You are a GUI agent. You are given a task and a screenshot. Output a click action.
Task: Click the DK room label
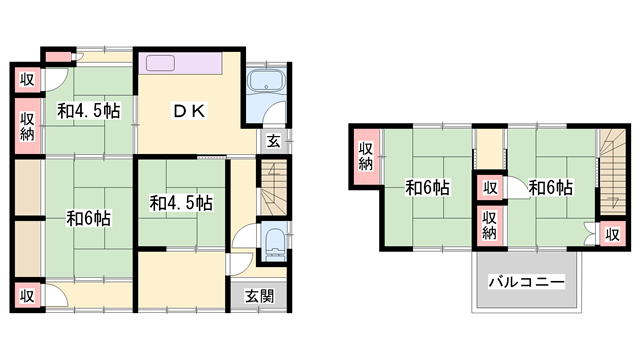click(189, 111)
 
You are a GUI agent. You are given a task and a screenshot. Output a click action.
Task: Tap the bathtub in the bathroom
click(267, 80)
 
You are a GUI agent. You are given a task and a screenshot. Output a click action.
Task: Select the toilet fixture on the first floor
click(274, 244)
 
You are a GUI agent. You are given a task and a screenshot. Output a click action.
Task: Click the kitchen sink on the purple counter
click(160, 63)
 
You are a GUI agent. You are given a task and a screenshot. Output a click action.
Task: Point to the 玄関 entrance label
click(260, 296)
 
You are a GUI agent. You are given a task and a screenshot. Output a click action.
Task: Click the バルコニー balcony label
click(527, 282)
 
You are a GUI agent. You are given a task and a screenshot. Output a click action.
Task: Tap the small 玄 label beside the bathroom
click(274, 141)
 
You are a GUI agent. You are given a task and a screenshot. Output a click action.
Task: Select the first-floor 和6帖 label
click(89, 218)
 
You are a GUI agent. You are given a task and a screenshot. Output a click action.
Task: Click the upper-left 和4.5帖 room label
click(89, 111)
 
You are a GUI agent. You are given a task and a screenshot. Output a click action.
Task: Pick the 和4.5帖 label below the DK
click(181, 203)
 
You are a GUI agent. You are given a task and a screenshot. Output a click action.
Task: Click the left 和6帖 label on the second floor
click(427, 188)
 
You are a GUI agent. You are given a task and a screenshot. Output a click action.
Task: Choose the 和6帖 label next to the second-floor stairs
click(551, 188)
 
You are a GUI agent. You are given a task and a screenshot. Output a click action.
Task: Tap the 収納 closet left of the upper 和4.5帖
click(28, 126)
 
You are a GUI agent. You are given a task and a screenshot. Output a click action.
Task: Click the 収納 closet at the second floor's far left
click(366, 156)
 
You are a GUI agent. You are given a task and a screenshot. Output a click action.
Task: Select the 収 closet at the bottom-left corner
click(28, 296)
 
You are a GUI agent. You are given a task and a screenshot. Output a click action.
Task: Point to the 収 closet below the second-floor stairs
click(613, 234)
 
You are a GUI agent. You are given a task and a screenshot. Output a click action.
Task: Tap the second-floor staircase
click(613, 172)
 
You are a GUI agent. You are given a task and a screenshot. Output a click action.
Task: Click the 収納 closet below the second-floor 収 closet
click(489, 225)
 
